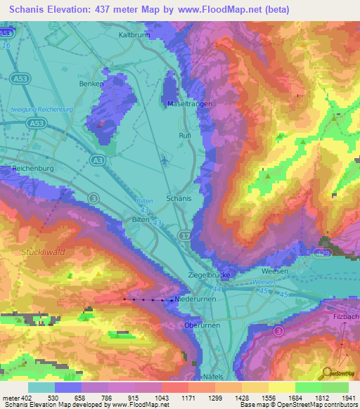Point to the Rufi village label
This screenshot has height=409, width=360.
pos(186,136)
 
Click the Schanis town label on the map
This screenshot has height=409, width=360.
pos(179,199)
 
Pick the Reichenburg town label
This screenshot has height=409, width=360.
pos(33,169)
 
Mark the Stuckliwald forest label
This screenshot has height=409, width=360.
pos(42,251)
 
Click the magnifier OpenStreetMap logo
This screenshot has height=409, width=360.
pos(326,372)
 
